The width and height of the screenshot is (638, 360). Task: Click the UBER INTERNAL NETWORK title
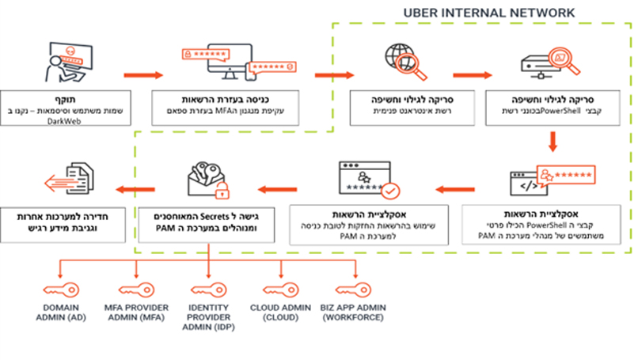coord(489,13)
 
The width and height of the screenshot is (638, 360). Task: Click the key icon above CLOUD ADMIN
coord(279,288)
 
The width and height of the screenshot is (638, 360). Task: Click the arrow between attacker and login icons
coord(143,76)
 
